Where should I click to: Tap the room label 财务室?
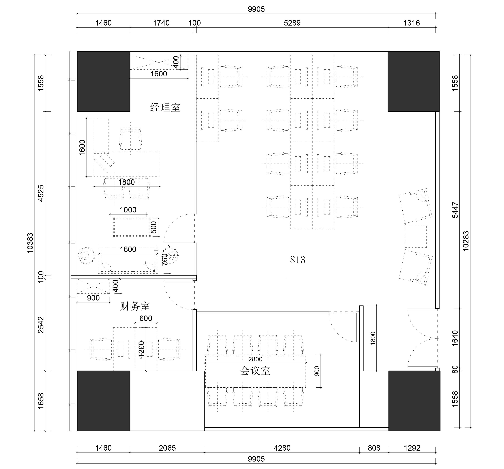pos(135,306)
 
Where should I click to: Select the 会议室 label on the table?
pos(255,371)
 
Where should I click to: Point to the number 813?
pos(298,260)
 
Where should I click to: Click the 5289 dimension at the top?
pos(292,23)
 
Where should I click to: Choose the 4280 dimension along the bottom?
pos(282,448)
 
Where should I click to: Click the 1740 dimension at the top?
pos(161,23)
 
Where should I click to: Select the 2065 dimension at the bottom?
pos(167,448)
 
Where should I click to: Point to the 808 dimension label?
pos(374,448)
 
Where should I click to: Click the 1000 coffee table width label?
pos(128,210)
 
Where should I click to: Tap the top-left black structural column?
pos(104,81)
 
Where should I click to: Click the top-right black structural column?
pos(414,81)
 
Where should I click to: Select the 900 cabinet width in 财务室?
pos(93,298)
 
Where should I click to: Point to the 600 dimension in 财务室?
pos(146,318)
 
